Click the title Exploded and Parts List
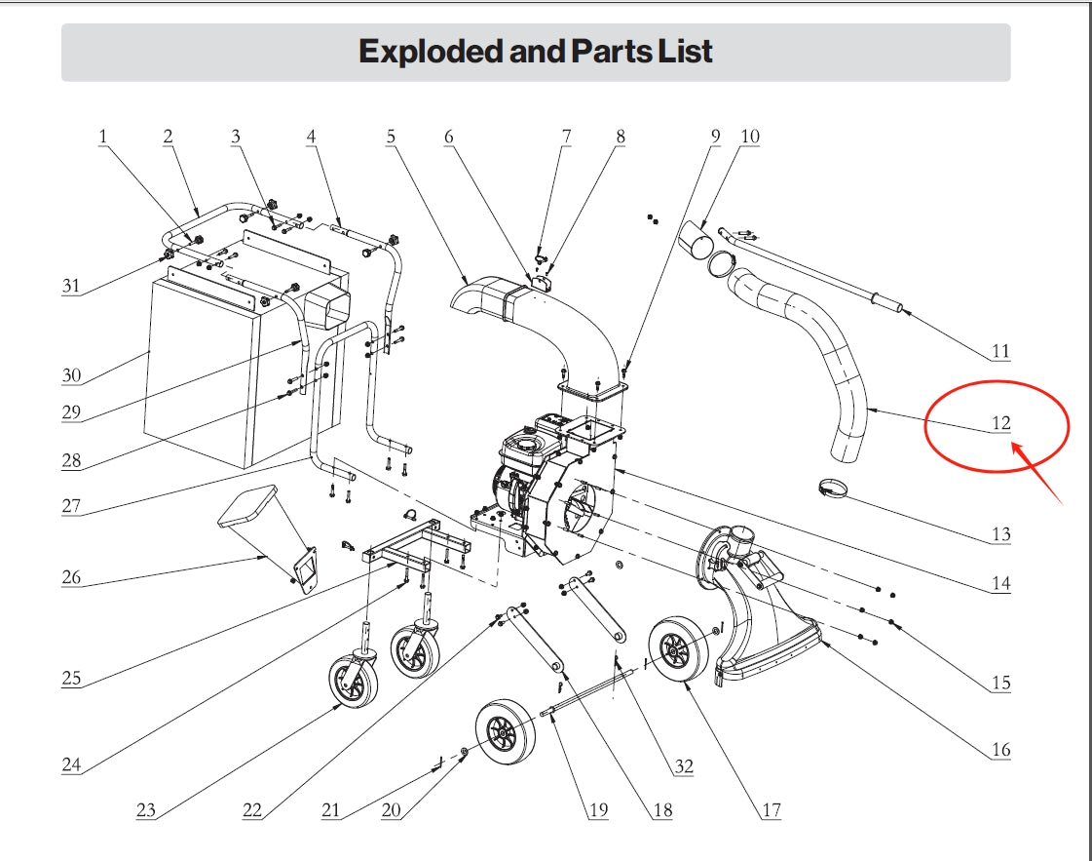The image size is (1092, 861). click(x=536, y=51)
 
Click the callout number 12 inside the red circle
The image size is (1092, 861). click(x=1001, y=423)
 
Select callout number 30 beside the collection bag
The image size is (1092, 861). click(x=71, y=375)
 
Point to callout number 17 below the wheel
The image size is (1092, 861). click(x=772, y=809)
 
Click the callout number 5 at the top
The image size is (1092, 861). click(x=391, y=137)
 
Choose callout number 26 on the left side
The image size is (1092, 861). click(x=71, y=577)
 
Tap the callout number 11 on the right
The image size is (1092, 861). click(x=1001, y=351)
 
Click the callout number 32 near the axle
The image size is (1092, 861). click(x=684, y=766)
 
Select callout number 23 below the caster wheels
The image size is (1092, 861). click(x=146, y=809)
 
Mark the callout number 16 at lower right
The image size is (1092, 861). click(x=1001, y=750)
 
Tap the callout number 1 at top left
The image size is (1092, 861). click(x=102, y=137)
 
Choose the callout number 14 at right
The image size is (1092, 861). click(x=1001, y=584)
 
